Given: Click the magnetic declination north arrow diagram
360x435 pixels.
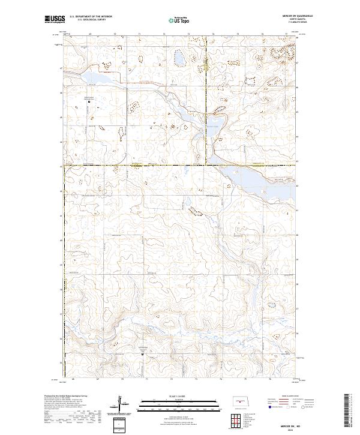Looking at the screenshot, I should (x=126, y=404).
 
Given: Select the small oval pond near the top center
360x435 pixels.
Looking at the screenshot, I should (x=179, y=58).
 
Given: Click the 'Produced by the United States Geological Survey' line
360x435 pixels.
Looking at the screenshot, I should (x=66, y=396).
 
